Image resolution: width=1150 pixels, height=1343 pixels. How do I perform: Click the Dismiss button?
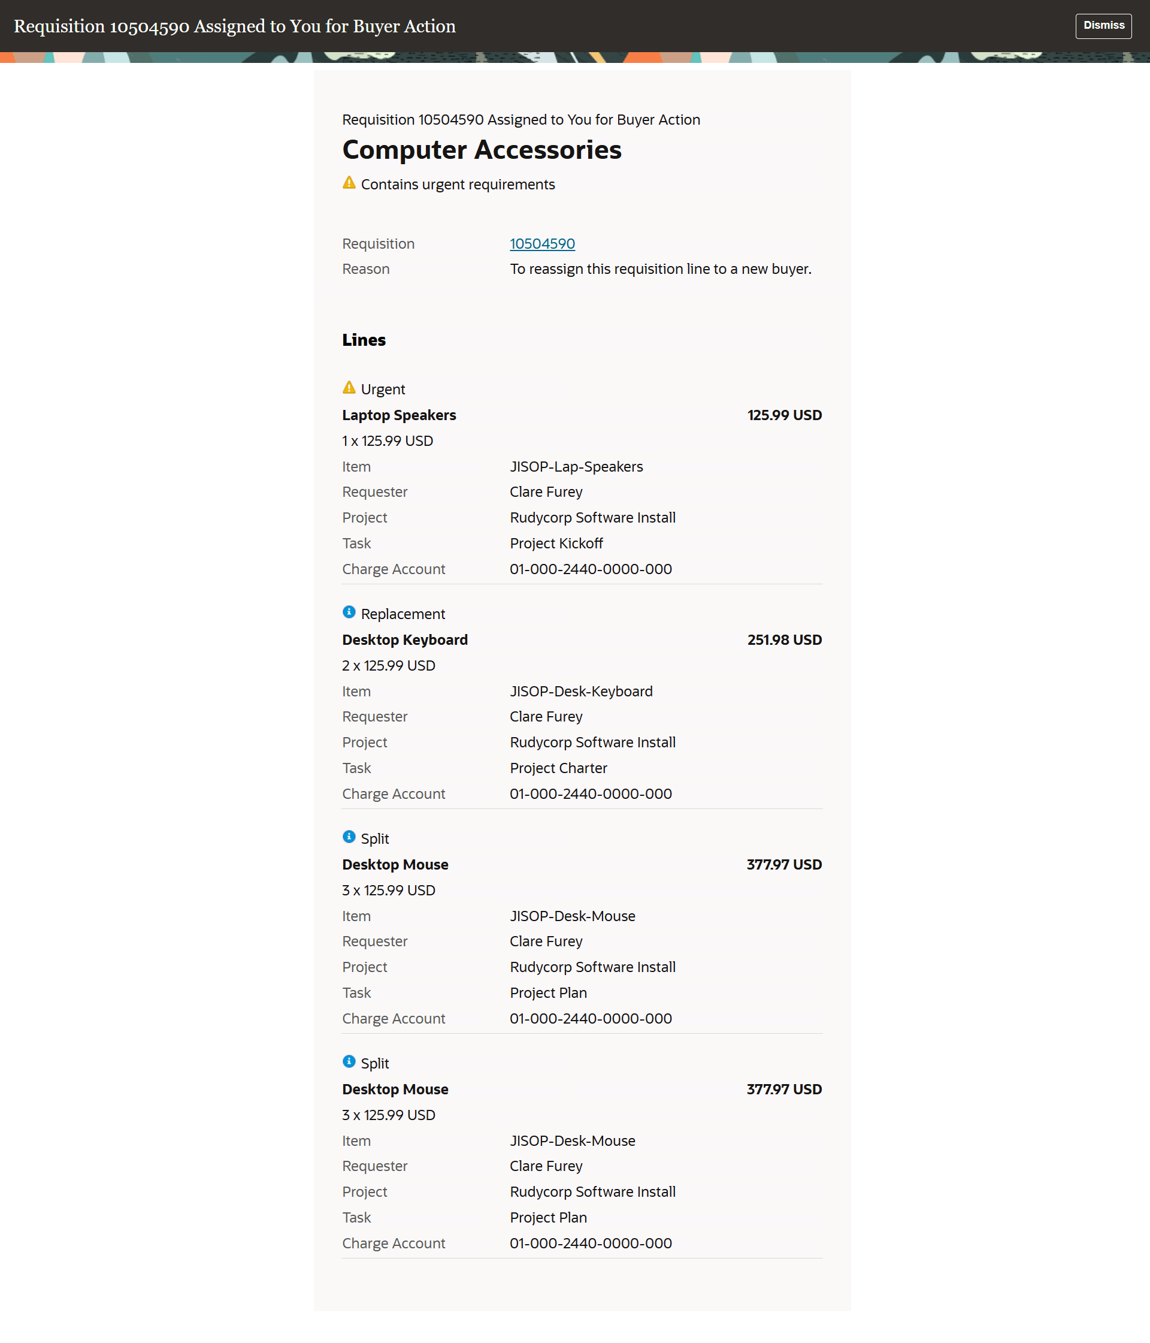click(1103, 26)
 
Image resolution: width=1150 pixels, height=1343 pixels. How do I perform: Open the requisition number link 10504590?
click(541, 244)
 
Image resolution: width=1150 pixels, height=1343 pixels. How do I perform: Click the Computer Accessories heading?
click(482, 150)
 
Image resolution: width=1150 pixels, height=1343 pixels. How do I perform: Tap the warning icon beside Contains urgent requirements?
click(349, 183)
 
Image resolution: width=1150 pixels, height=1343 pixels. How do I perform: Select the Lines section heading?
click(364, 340)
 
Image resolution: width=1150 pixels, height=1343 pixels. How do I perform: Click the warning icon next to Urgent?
click(349, 388)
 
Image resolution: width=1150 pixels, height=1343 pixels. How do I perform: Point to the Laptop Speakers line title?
click(398, 415)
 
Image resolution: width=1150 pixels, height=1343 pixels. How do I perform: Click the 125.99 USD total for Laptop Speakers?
click(784, 415)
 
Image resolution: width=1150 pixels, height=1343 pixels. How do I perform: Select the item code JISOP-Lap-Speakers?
click(576, 467)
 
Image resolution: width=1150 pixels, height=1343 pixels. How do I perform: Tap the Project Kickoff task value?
click(556, 543)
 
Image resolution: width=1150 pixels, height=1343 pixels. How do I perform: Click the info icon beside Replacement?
click(349, 612)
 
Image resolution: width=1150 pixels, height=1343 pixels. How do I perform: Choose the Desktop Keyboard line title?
click(404, 640)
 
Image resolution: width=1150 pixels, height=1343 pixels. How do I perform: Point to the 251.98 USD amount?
click(784, 640)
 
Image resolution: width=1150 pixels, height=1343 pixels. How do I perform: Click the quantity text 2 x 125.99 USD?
click(388, 666)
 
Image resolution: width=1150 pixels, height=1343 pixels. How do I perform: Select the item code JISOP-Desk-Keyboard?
click(580, 691)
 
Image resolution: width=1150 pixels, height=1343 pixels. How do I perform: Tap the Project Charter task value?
click(558, 768)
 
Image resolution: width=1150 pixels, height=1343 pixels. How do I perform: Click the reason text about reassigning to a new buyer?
click(659, 269)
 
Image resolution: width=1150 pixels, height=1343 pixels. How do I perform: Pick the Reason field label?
click(365, 269)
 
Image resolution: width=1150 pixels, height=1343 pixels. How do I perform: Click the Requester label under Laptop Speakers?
click(374, 492)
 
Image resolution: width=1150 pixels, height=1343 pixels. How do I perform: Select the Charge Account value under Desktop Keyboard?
click(590, 793)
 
